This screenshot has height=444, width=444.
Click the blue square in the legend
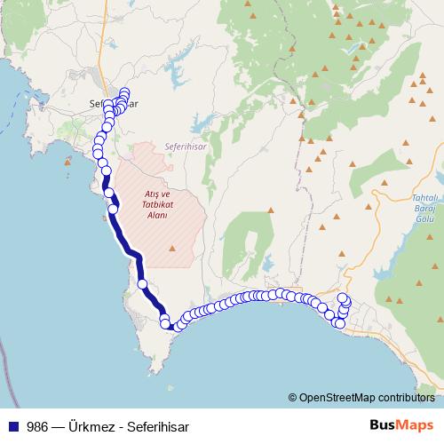point(13,425)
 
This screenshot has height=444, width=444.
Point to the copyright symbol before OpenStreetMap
point(293,399)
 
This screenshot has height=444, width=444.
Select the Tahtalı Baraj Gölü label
point(426,210)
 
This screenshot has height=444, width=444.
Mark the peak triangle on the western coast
point(68,162)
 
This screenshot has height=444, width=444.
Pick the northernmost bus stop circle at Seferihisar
point(124,92)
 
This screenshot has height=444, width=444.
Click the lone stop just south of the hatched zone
point(143,284)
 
